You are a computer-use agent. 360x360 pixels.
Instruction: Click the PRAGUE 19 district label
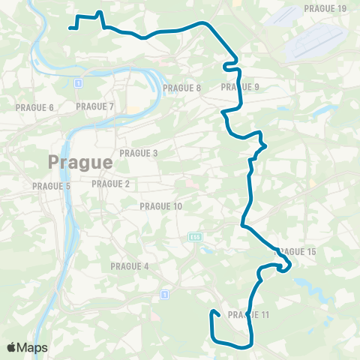[x=325, y=9]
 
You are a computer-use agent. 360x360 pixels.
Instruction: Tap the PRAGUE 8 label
[x=182, y=88]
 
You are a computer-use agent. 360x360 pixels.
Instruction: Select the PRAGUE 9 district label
[x=240, y=87]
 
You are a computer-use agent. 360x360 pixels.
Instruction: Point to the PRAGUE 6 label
[x=34, y=107]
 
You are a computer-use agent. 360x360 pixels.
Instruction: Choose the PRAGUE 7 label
[x=94, y=106]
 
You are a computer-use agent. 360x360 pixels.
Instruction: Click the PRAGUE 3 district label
[x=138, y=153]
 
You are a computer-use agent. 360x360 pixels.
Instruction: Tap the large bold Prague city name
[x=80, y=161]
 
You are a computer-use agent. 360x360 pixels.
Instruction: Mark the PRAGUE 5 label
[x=51, y=186]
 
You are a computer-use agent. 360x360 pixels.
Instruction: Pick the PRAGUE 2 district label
[x=110, y=184]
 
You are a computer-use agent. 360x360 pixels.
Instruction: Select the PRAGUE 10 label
[x=161, y=206]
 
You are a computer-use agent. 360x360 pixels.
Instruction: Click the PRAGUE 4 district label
[x=129, y=266]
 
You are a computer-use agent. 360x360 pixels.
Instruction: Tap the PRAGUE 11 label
[x=247, y=314]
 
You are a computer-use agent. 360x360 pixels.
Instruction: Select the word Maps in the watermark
[x=33, y=347]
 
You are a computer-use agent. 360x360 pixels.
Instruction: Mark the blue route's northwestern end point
[x=70, y=28]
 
